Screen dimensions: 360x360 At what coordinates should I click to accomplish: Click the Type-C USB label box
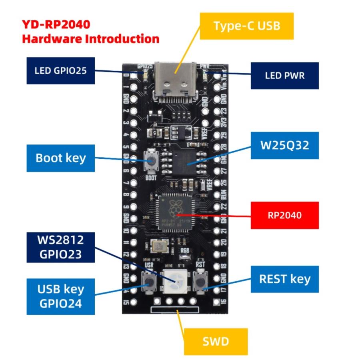click(x=246, y=26)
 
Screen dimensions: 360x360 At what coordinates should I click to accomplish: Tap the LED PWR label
click(x=284, y=75)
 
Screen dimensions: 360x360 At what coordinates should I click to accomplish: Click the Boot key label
click(x=61, y=158)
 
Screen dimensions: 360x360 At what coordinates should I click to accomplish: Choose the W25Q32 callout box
click(x=284, y=145)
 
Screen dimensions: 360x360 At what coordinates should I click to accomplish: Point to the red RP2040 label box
click(x=284, y=215)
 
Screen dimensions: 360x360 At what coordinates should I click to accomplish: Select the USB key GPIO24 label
click(x=61, y=296)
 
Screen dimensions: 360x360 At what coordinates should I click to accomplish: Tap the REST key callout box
click(x=284, y=278)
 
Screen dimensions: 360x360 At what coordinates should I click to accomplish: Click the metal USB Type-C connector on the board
click(x=176, y=82)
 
